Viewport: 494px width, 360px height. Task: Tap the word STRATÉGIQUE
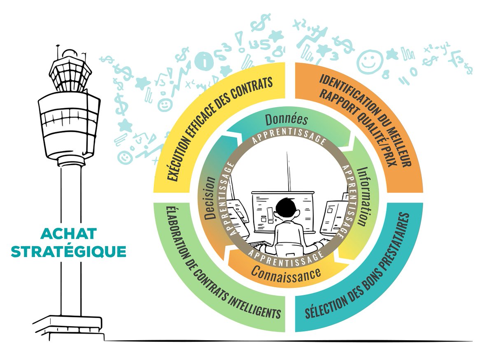pyautogui.click(x=69, y=252)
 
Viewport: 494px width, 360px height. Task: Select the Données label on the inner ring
pyautogui.click(x=286, y=120)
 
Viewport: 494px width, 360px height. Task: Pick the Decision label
pyautogui.click(x=210, y=198)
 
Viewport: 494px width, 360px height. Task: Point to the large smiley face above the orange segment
pyautogui.click(x=370, y=62)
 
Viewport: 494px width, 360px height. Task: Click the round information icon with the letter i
pyautogui.click(x=205, y=61)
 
